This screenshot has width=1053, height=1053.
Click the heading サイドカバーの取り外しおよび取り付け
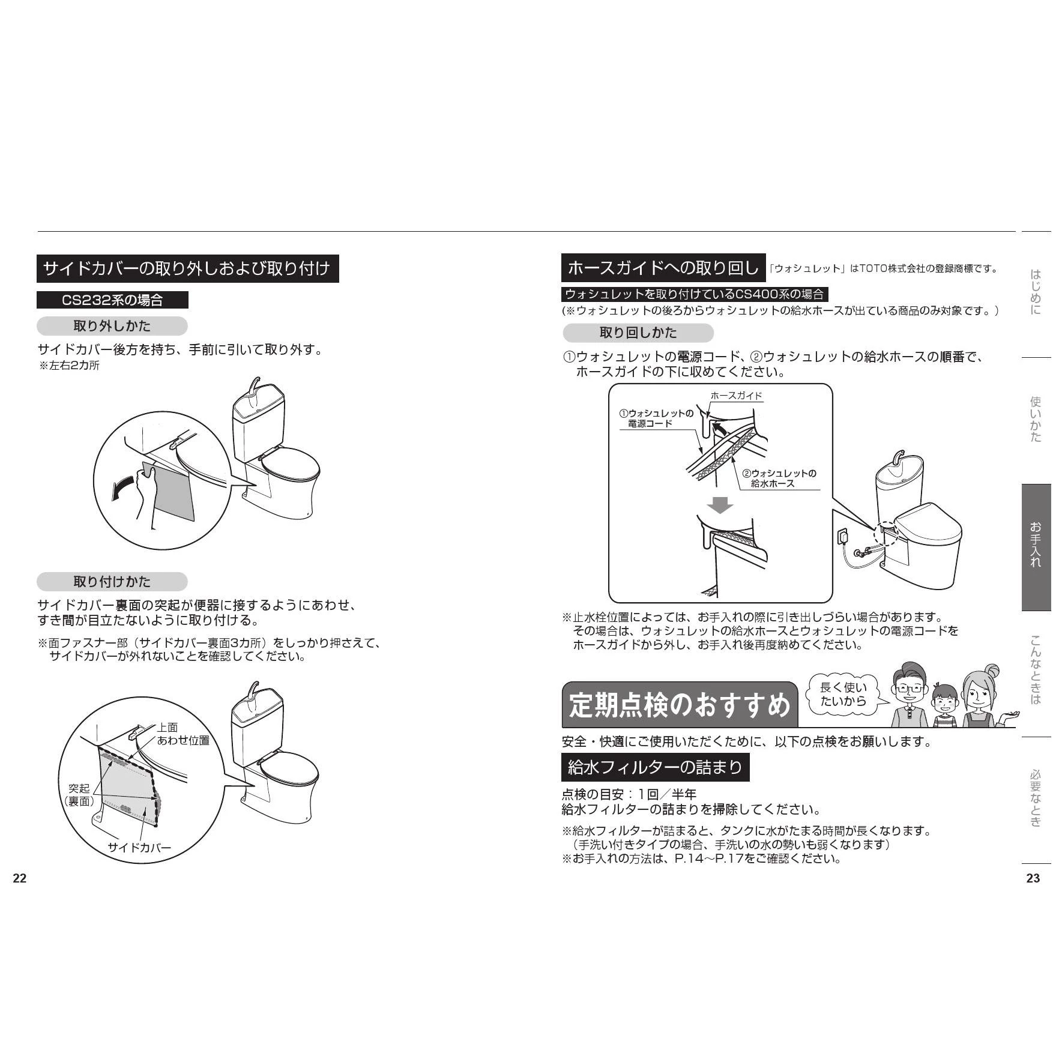point(187,268)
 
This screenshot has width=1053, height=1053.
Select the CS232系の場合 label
point(112,300)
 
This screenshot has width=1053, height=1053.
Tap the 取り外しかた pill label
point(112,327)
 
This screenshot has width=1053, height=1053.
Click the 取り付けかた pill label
point(112,582)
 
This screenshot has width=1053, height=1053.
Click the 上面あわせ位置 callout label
point(183,734)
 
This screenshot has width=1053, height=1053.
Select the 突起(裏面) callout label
point(79,795)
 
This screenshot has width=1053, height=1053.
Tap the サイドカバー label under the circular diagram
point(139,848)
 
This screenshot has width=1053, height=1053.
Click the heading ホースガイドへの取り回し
point(663,268)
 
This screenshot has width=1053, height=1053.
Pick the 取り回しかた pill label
point(638,333)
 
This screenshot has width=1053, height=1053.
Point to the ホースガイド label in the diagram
point(736,396)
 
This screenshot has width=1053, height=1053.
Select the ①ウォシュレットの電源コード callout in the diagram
point(657,418)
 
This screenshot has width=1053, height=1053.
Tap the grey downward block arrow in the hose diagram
point(720,505)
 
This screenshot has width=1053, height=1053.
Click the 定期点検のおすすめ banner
point(680,705)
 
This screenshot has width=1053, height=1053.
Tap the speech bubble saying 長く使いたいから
point(843,695)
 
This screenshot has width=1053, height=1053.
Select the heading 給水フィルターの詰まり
point(655,767)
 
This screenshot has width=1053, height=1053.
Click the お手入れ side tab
point(1036,547)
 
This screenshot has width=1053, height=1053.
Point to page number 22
point(20,878)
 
